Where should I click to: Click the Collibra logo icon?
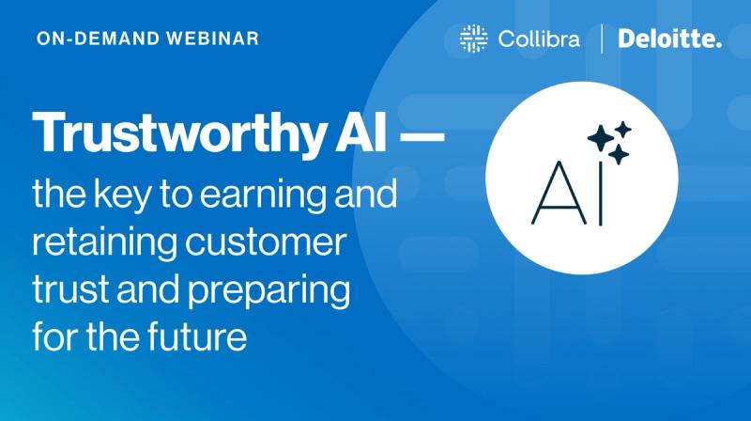[x=473, y=39]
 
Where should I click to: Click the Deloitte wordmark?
[x=667, y=39]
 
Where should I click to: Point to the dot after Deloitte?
[x=718, y=46]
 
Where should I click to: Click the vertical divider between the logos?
[x=602, y=39]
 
